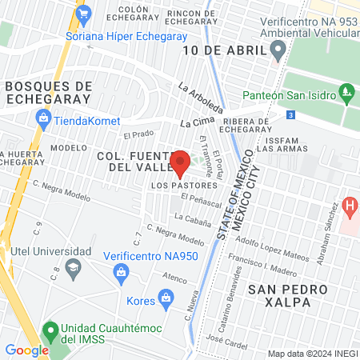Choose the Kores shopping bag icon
coord(166,301)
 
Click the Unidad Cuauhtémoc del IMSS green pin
coord(50,330)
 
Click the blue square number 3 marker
coord(290,115)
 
